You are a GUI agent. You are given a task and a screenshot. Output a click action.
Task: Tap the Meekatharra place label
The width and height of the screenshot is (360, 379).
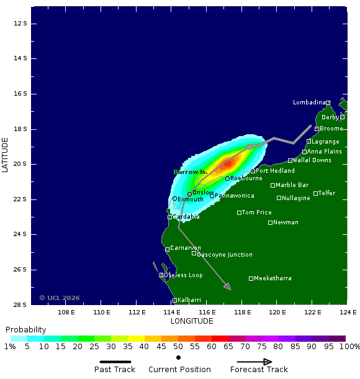coord(272,278)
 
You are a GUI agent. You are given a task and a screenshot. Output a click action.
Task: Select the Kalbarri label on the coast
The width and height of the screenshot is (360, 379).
coord(189,300)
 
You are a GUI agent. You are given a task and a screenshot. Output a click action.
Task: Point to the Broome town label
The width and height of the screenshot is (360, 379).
coord(331,129)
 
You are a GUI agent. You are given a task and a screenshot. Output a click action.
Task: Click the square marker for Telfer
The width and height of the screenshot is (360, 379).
coord(315,193)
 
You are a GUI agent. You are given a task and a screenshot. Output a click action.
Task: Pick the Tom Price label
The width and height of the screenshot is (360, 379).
coord(256,212)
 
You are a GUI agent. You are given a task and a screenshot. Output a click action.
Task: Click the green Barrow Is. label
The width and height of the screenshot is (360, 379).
coord(191,172)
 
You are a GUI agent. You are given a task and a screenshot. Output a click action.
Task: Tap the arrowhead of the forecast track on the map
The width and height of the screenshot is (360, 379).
coord(228,288)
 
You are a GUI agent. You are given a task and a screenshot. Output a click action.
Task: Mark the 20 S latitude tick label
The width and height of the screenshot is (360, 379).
coord(21,164)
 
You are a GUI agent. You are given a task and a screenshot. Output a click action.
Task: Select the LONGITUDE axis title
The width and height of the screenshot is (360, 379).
coord(192,321)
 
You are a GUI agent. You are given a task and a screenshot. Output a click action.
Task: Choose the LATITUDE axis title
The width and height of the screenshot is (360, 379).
coord(6,155)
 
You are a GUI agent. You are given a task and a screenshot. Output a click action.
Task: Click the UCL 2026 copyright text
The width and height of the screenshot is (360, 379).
coord(60,298)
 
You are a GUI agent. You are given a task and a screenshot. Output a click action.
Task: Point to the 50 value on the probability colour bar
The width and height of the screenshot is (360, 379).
coord(178,347)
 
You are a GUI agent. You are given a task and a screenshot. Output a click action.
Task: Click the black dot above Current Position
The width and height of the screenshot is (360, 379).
coord(178,358)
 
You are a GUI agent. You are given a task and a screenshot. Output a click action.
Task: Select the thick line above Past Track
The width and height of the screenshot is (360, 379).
coord(115,362)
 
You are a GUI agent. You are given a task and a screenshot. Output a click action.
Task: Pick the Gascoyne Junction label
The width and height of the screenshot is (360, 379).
coord(224,255)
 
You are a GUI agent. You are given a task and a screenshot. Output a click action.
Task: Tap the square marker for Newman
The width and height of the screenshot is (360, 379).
coord(270,222)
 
